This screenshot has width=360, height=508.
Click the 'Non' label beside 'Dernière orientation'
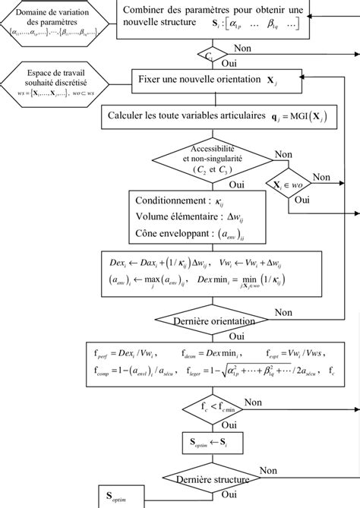point(283,312)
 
